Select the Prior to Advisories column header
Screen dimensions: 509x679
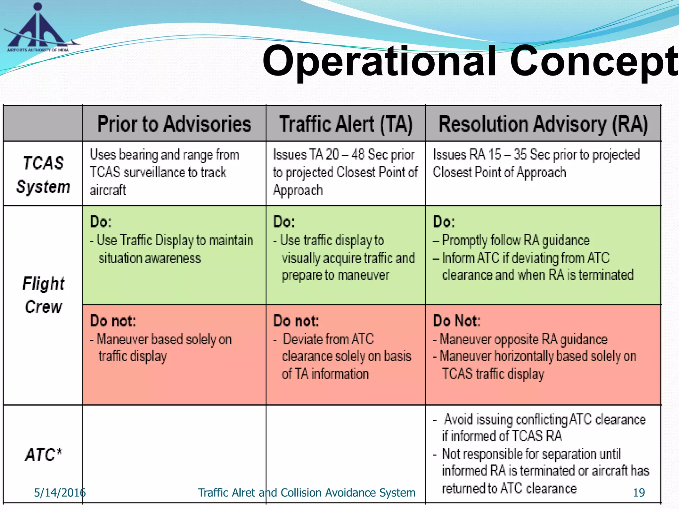pyautogui.click(x=174, y=124)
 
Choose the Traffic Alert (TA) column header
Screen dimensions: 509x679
pyautogui.click(x=346, y=124)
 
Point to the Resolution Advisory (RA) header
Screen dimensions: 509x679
pyautogui.click(x=543, y=124)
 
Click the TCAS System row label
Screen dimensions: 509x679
pyautogui.click(x=43, y=175)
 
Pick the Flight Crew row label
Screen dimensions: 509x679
pyautogui.click(x=43, y=295)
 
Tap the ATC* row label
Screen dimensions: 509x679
pyautogui.click(x=43, y=455)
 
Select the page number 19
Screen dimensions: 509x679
pyautogui.click(x=639, y=493)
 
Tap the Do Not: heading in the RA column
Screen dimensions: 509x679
pyautogui.click(x=457, y=321)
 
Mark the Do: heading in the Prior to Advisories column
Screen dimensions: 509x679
pyautogui.click(x=101, y=222)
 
